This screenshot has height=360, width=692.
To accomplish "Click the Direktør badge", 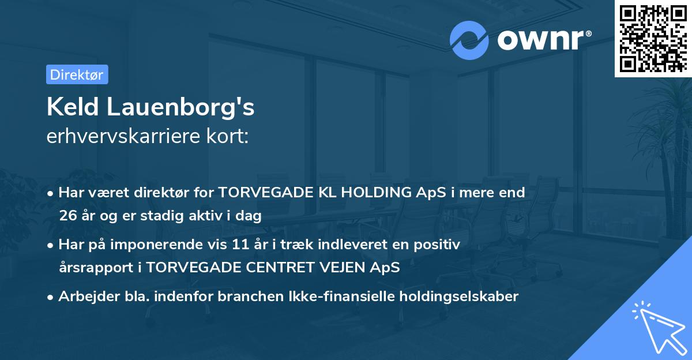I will (77, 74).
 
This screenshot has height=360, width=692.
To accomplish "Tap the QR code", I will (653, 39).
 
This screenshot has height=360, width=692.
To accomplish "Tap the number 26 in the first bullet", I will (67, 216).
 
